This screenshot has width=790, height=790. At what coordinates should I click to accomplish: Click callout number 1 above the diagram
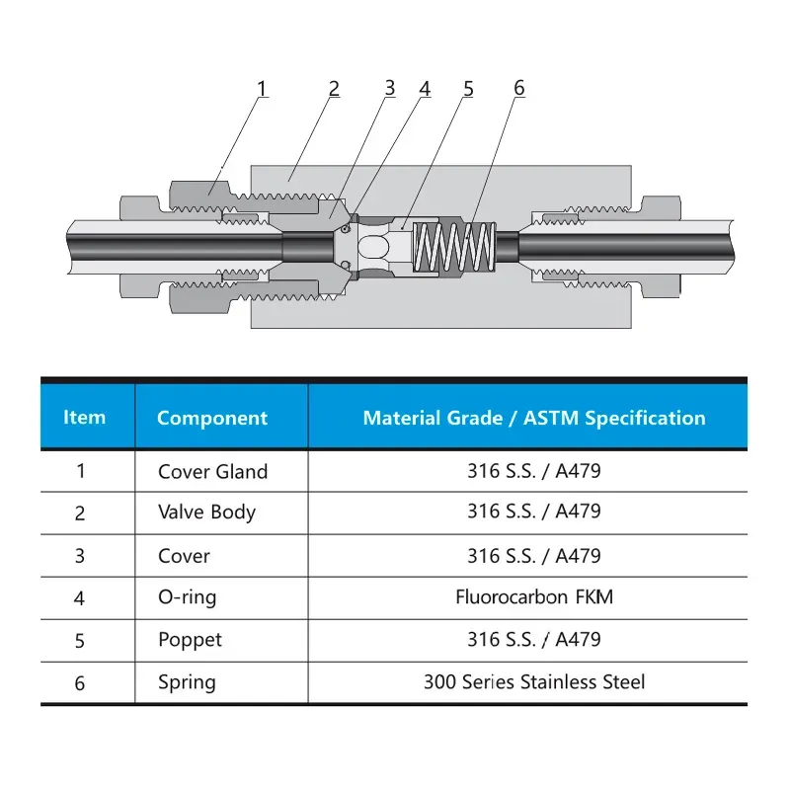pos(262,89)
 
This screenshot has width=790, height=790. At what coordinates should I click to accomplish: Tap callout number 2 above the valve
pos(334,89)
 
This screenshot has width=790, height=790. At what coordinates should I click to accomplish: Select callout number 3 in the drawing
pos(390,88)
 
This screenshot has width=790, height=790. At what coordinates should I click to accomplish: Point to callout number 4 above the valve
pos(425,89)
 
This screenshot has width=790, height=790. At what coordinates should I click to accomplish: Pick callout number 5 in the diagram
pos(468,89)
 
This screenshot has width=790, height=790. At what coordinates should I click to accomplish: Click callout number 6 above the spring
pos(519,88)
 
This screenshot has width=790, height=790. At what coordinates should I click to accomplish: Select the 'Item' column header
pos(84,417)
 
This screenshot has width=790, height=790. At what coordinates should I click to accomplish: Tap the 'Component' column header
pos(212,418)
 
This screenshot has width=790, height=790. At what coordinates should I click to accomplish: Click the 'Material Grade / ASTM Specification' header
pos(534,418)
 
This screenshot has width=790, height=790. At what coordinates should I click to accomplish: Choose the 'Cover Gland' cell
pos(212,471)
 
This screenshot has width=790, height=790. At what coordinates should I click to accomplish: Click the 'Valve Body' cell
pos(206,512)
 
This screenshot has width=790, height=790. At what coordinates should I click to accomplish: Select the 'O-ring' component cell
pos(187,597)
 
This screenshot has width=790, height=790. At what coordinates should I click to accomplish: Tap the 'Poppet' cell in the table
pos(190,640)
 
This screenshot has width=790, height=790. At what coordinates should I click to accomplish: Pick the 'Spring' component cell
pos(187,682)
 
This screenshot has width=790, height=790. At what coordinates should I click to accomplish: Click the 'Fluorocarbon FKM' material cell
pos(533,596)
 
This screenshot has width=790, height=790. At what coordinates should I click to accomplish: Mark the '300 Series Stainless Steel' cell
pos(534,681)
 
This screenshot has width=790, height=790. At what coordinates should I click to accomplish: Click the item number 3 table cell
pos(80,556)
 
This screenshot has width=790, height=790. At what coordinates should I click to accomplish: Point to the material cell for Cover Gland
pos(533,471)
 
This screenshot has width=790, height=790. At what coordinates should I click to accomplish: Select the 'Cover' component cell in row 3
pos(184,556)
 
